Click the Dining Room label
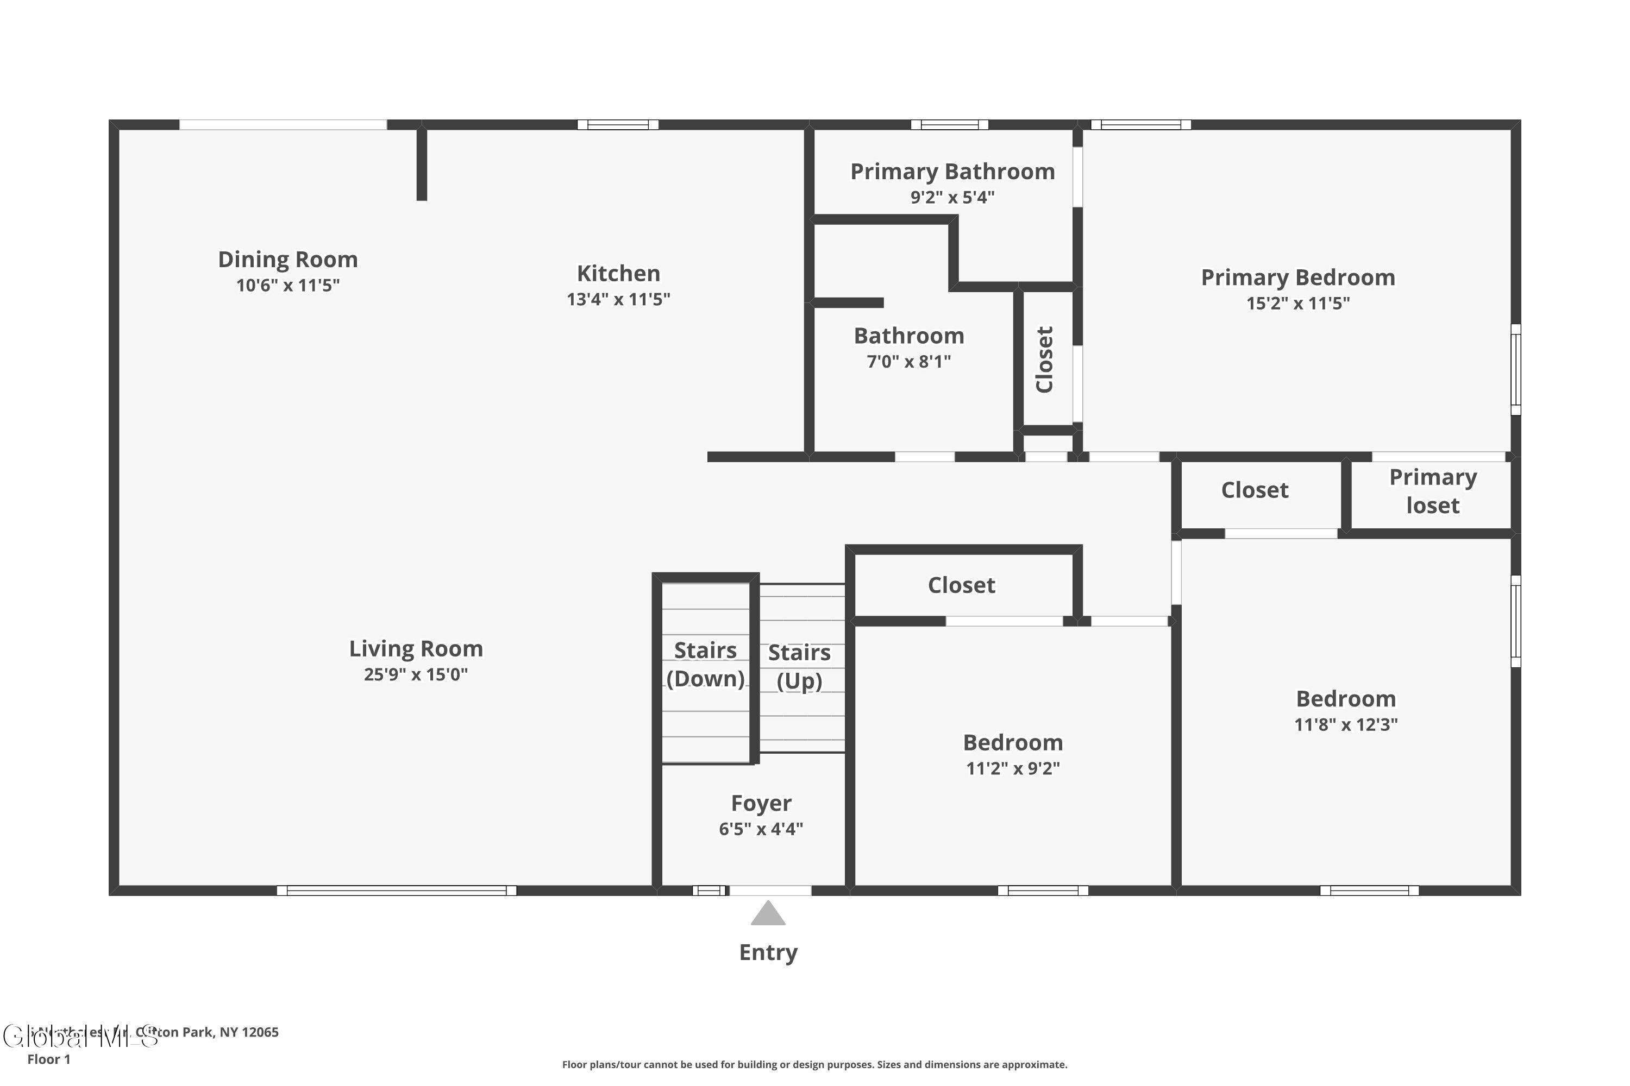click(x=287, y=260)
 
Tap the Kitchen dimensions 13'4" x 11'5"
click(x=618, y=299)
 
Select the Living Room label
click(x=415, y=649)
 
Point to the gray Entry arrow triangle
click(x=768, y=914)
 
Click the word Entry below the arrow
click(x=768, y=952)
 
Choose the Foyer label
click(x=761, y=804)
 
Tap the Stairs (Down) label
click(x=705, y=664)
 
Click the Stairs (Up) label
click(x=799, y=666)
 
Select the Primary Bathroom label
click(x=952, y=172)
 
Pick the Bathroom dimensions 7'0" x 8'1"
click(x=908, y=362)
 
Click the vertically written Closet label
click(x=1044, y=359)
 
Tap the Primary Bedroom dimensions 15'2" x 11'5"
click(x=1297, y=304)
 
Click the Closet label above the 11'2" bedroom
click(x=961, y=585)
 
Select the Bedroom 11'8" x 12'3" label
click(x=1345, y=699)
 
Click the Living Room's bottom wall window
click(x=397, y=891)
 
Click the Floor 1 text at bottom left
click(x=48, y=1059)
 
